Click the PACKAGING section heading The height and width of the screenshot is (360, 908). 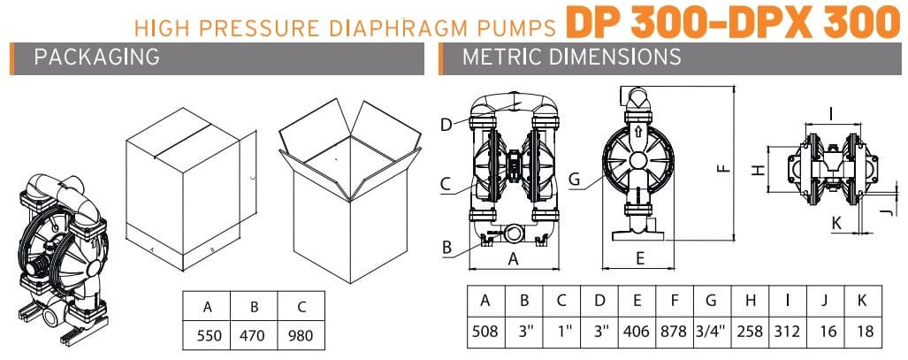tap(96, 57)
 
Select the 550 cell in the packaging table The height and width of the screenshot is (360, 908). tap(208, 336)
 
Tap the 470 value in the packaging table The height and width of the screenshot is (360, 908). tap(255, 336)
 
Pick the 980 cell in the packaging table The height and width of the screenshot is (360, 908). tap(301, 336)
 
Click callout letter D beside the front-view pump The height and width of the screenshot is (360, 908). tap(446, 124)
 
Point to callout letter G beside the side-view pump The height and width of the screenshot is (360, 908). tap(574, 179)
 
